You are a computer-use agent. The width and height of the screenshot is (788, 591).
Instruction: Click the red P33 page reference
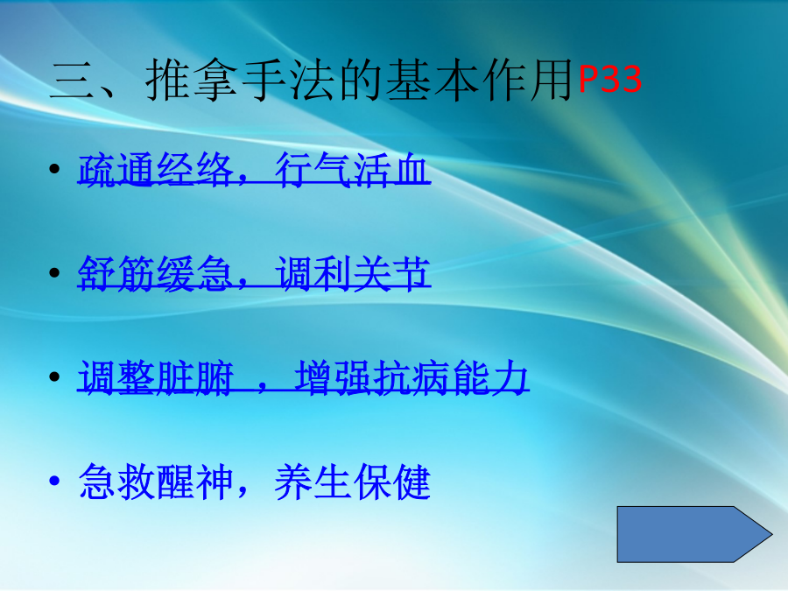tap(609, 79)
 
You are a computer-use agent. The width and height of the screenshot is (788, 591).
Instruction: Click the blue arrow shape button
tap(694, 534)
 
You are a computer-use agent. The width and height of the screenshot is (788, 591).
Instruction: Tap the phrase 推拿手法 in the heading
tap(240, 81)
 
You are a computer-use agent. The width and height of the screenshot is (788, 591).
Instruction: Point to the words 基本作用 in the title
tap(480, 81)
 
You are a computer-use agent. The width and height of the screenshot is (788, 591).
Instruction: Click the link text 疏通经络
tap(156, 170)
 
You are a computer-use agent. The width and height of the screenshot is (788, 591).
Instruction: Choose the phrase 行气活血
tap(352, 170)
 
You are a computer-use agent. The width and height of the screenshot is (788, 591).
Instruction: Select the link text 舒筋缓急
tap(156, 274)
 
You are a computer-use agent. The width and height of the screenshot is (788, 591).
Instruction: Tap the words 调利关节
tap(352, 274)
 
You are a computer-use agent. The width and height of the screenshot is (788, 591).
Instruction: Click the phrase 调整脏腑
tap(156, 377)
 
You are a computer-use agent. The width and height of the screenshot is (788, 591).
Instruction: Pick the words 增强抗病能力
tap(412, 377)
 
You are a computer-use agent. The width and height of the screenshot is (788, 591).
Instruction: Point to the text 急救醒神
tap(156, 482)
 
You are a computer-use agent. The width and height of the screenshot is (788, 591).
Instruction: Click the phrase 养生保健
tap(352, 482)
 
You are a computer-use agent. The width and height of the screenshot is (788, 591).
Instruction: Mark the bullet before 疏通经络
tap(55, 169)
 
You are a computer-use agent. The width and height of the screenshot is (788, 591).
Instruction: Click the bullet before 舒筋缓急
tap(55, 273)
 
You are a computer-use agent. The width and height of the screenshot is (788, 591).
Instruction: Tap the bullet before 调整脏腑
tap(55, 376)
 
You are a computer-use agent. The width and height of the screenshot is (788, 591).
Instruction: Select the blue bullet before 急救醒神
tap(55, 481)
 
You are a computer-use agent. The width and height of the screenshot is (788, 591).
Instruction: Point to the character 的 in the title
tap(360, 81)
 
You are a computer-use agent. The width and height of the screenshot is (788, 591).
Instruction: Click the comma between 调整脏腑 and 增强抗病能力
tap(263, 388)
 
